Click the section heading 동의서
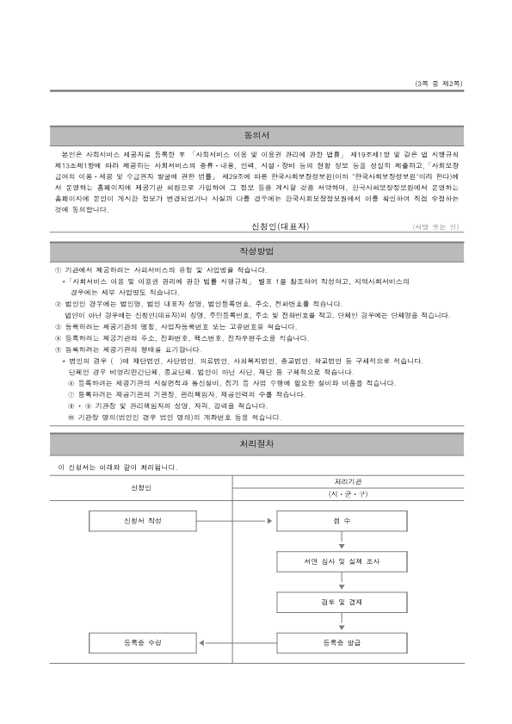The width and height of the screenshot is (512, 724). (256, 135)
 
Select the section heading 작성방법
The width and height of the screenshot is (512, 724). (256, 251)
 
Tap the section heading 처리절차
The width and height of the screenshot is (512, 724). (256, 444)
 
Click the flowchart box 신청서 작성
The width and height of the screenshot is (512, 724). (143, 522)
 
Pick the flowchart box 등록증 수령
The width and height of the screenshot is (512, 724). (143, 642)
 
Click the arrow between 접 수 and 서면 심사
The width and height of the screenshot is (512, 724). (342, 542)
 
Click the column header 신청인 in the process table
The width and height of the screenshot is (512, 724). (142, 488)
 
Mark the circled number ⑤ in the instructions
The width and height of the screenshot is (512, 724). (58, 351)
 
